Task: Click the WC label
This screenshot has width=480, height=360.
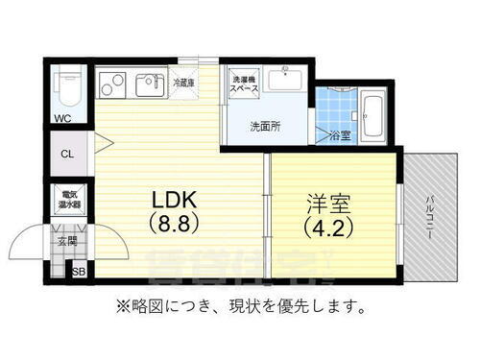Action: (x=62, y=120)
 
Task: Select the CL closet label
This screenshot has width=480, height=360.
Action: (x=66, y=154)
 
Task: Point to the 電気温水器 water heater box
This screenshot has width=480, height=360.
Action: (x=67, y=200)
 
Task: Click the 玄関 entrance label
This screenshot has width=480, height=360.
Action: (x=66, y=241)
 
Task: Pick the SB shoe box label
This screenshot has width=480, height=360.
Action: (x=81, y=272)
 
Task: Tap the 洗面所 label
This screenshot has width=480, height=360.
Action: (x=265, y=126)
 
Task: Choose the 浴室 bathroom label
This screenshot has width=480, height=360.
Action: (x=339, y=134)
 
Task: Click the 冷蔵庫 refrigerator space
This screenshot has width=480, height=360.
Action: (x=184, y=84)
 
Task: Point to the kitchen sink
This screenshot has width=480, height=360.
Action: (x=149, y=84)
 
